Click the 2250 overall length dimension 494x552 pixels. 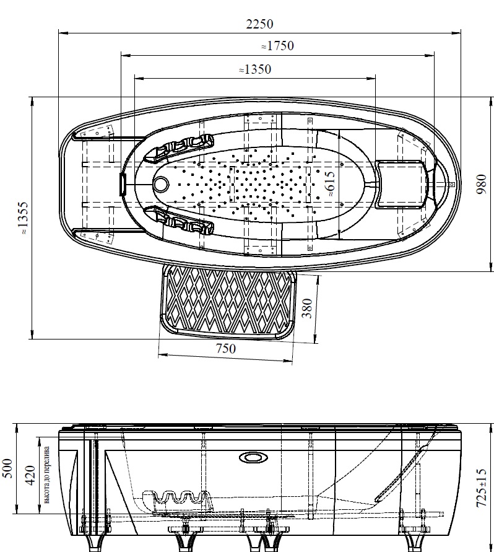[x=259, y=24]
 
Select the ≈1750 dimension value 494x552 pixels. [x=277, y=46]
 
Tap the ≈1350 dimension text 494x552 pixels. [x=255, y=69]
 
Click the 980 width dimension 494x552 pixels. [x=481, y=184]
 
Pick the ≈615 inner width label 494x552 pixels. [x=331, y=184]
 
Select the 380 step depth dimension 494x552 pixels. [x=307, y=308]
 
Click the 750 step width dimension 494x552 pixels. [x=225, y=349]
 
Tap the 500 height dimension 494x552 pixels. [x=8, y=468]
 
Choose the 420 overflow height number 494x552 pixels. [x=32, y=475]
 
